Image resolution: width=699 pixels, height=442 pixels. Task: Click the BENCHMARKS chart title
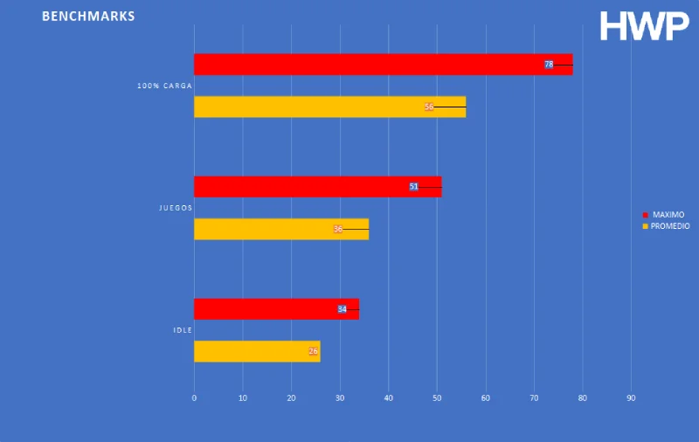[88, 17]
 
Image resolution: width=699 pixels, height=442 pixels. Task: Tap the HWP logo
[644, 26]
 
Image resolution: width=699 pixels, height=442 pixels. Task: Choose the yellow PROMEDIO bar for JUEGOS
[280, 229]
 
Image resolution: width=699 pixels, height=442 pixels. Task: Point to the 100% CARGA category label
[164, 86]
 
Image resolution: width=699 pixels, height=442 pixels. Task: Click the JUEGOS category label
[175, 208]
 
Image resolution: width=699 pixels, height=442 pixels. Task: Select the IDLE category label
[182, 330]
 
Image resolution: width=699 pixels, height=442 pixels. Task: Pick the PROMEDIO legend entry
[670, 226]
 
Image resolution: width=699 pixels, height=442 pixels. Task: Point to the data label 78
[549, 65]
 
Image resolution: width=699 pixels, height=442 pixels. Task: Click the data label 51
[414, 187]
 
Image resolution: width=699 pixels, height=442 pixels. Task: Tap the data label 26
[314, 351]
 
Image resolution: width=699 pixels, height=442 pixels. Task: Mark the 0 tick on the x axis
[194, 398]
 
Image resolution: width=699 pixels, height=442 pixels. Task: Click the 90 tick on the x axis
[631, 398]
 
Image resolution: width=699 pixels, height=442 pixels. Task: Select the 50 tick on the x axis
[437, 398]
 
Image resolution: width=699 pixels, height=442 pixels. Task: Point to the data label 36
[338, 229]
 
